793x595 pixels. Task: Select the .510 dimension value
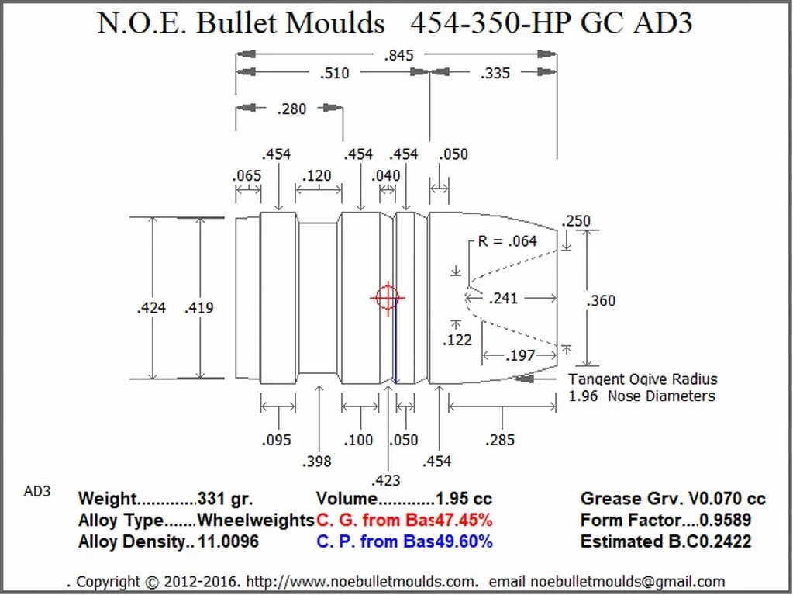[335, 74]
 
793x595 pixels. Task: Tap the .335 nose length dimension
[495, 74]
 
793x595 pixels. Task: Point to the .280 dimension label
[291, 109]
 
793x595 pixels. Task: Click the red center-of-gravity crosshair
[387, 297]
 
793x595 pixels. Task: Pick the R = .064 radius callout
[507, 241]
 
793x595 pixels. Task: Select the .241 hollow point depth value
[504, 298]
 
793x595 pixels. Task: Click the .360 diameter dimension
[602, 301]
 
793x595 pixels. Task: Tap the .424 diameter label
[151, 308]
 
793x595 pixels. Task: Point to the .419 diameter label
[199, 308]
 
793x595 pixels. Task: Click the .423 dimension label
[386, 480]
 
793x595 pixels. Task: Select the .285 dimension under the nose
[500, 441]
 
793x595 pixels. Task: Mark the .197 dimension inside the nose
[519, 356]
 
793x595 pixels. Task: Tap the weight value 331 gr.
[225, 499]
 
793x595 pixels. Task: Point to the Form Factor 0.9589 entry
[665, 520]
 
